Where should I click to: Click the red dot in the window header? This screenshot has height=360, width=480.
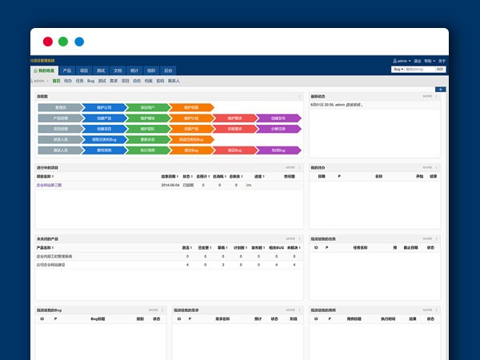tap(48, 42)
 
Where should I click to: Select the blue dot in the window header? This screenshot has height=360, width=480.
tap(79, 42)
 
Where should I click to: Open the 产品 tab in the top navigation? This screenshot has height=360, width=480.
tap(67, 70)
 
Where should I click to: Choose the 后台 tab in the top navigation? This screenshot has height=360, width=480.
tap(167, 70)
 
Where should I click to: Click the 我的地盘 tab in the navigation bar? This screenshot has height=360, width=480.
tap(45, 70)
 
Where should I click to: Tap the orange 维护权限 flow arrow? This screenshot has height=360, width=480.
tap(190, 106)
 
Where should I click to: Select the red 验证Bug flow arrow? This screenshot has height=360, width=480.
tap(234, 150)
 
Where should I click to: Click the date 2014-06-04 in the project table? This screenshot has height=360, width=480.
tap(170, 185)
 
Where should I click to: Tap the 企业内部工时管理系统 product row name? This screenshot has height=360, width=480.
tap(54, 257)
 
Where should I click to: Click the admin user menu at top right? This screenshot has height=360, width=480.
tap(402, 61)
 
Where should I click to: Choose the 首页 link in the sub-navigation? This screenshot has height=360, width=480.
tap(55, 81)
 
